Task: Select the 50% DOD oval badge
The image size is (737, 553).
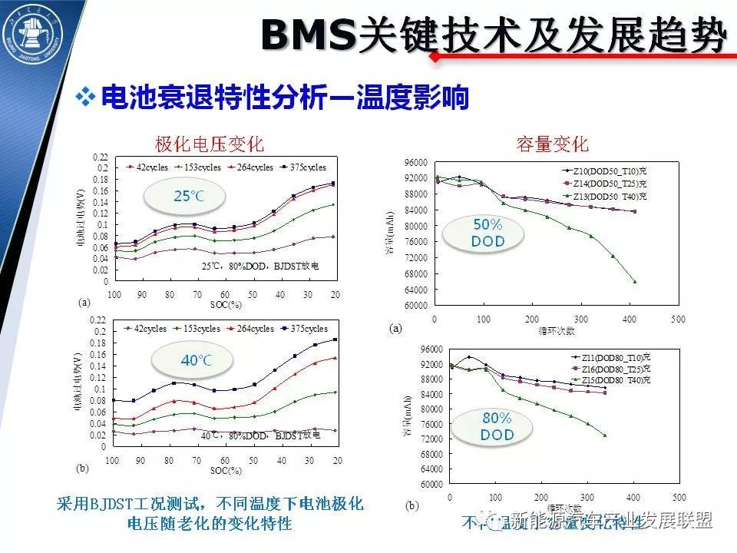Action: tap(487, 233)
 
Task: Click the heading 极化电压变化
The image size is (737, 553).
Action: tap(209, 144)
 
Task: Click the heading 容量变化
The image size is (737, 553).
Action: tap(553, 144)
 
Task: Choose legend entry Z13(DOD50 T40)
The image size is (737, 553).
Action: tap(606, 197)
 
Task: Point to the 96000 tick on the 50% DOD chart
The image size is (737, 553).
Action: tap(418, 162)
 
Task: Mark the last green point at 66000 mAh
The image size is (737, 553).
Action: tap(635, 281)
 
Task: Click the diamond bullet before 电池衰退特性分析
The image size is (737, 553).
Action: tap(86, 98)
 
